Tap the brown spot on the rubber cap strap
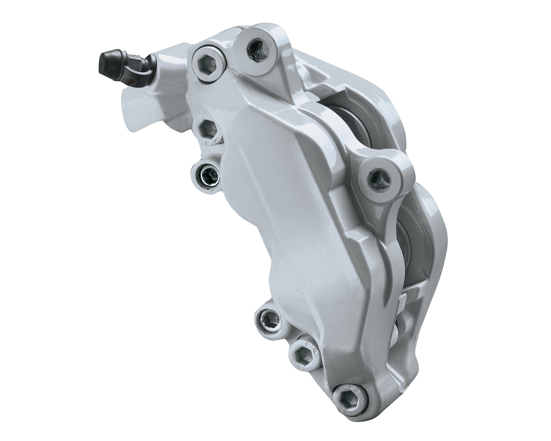(129, 81)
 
